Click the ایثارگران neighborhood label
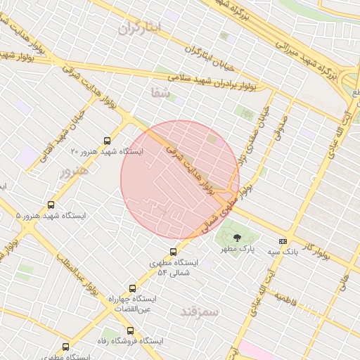point(139,28)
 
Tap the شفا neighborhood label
point(160,91)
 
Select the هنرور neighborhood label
point(75,171)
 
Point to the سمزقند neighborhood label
point(200,310)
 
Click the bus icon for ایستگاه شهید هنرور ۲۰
point(107,140)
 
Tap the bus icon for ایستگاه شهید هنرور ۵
point(51,205)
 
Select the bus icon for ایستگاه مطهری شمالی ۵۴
point(174,252)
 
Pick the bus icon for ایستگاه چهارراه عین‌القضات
point(132,288)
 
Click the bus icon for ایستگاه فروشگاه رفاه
point(130,330)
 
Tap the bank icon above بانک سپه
point(283,240)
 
